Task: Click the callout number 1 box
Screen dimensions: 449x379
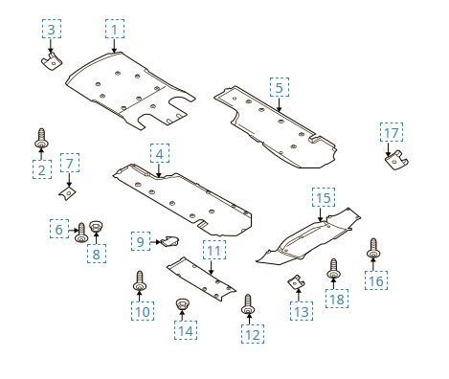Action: click(115, 29)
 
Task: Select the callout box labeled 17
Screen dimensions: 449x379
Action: click(392, 132)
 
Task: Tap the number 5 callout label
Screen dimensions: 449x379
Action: click(280, 87)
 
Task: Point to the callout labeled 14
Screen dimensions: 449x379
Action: click(186, 330)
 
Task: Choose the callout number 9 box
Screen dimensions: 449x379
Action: click(141, 241)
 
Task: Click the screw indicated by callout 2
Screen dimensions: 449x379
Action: click(41, 139)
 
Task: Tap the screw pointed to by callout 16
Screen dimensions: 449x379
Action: click(373, 248)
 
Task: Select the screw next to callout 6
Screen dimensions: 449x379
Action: click(81, 233)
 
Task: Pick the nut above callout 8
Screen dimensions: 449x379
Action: click(96, 226)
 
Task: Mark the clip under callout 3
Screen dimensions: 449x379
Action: click(52, 61)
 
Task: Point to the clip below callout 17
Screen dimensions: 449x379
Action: click(396, 160)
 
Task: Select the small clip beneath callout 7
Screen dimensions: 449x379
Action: click(67, 193)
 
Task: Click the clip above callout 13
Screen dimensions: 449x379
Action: click(296, 282)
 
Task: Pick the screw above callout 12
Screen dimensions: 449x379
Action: click(248, 304)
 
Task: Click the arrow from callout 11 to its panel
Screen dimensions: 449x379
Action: click(211, 266)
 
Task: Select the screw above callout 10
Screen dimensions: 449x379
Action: click(140, 280)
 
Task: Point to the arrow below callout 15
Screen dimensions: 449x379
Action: click(320, 213)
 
